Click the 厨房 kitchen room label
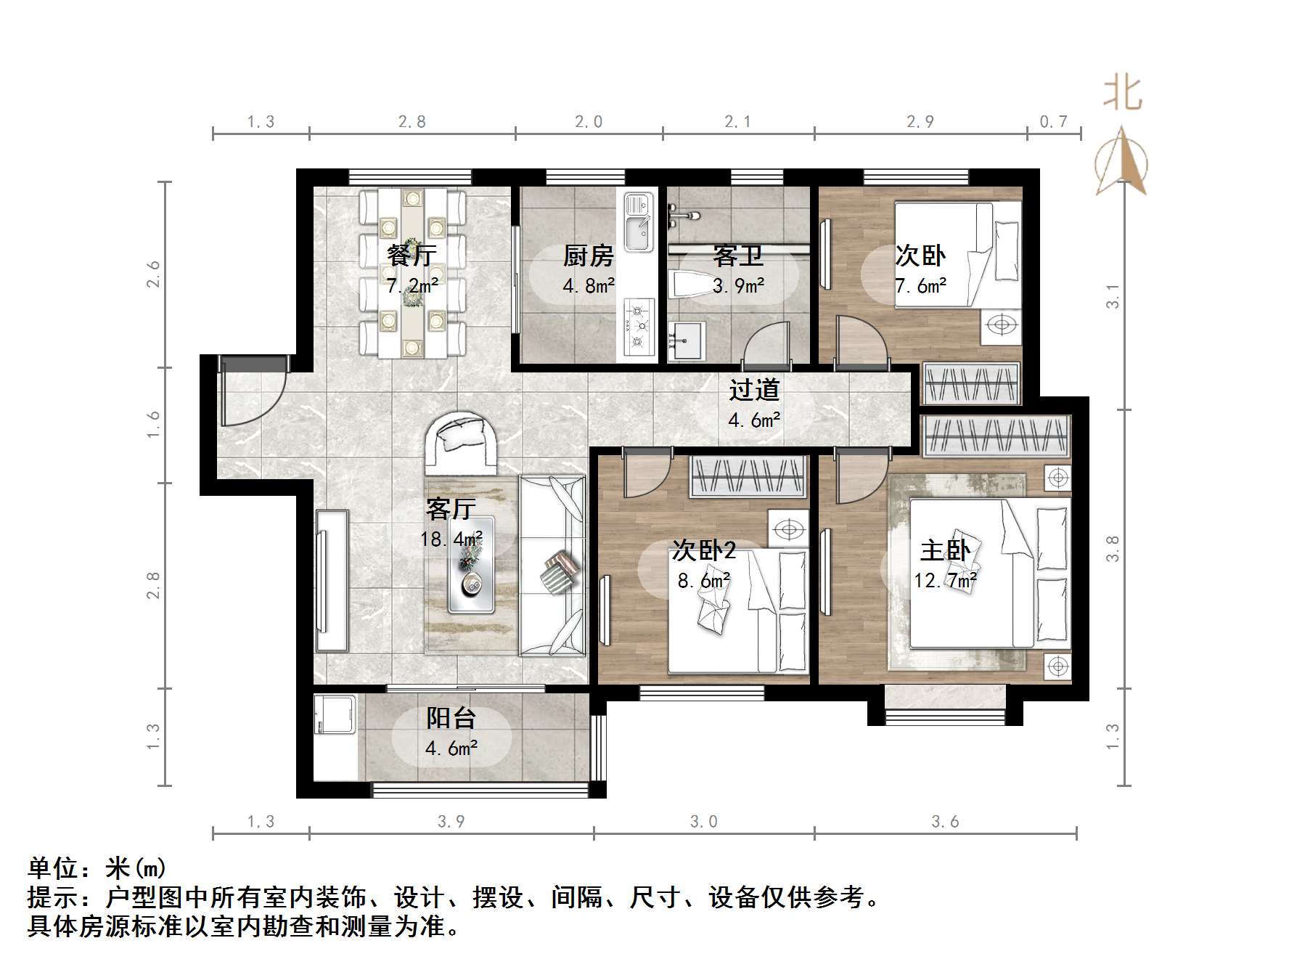point(589,256)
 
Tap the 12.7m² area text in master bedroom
point(945,581)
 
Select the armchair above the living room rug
point(462,443)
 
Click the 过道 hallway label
point(754,391)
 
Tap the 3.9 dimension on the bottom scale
point(451,822)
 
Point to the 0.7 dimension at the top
point(1053,122)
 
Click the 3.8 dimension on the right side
point(1113,548)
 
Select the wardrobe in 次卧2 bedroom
point(748,477)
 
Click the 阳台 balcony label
point(451,718)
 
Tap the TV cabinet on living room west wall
point(332,581)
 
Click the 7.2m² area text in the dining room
point(412,286)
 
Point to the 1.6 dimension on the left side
point(153,425)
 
